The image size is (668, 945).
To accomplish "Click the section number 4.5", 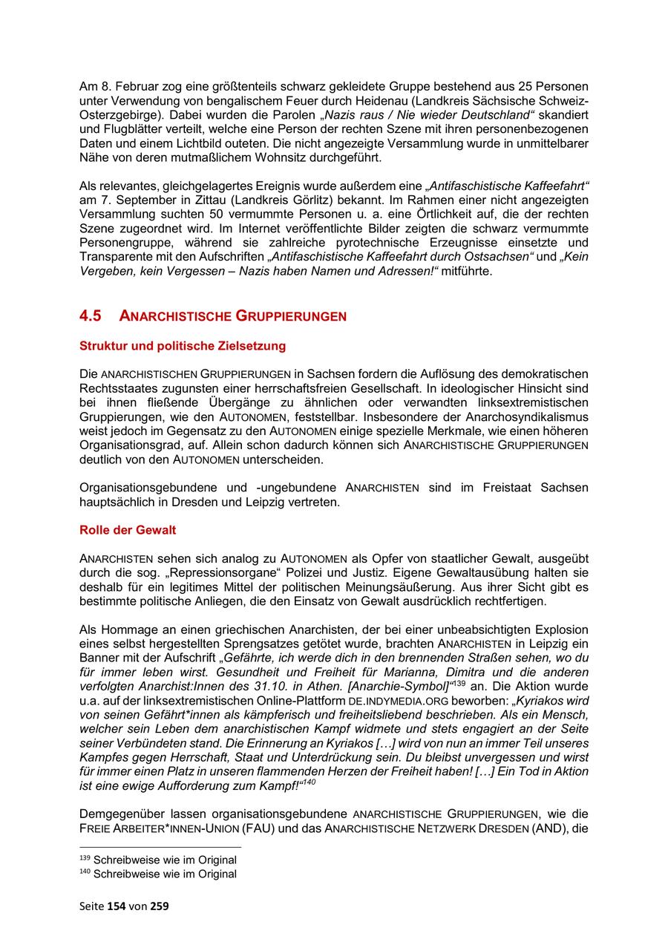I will click(90, 315).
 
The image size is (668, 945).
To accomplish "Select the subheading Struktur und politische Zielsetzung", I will click(182, 346).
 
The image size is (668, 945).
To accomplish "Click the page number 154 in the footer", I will click(117, 906).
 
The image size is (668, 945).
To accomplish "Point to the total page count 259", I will click(160, 906).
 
